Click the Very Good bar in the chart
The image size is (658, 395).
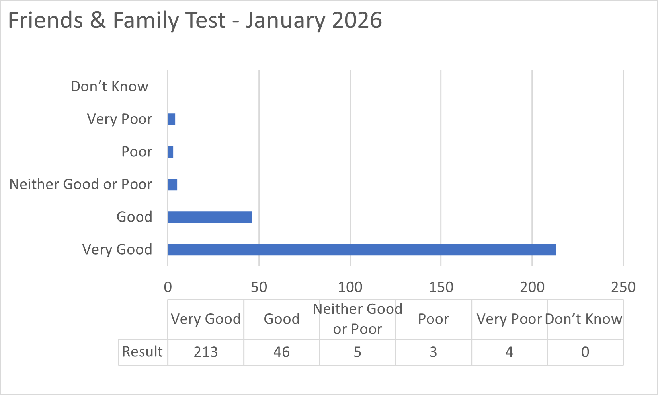[361, 250]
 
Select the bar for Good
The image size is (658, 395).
[210, 217]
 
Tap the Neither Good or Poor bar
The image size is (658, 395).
[173, 185]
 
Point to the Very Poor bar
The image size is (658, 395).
[172, 119]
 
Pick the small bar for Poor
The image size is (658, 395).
[171, 152]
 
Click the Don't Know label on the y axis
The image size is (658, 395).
[109, 86]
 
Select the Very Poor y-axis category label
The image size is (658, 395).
[119, 119]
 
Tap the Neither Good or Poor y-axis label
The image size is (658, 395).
[81, 184]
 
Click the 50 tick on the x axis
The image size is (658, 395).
[259, 287]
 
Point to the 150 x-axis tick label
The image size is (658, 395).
[441, 287]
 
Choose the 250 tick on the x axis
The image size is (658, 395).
[623, 287]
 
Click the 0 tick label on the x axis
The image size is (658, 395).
[168, 287]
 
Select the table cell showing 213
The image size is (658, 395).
[206, 352]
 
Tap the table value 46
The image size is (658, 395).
[281, 352]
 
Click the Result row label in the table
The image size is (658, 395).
[143, 352]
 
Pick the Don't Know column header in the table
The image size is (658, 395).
[584, 319]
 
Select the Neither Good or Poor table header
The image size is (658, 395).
[357, 319]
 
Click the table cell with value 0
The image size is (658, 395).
[585, 352]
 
